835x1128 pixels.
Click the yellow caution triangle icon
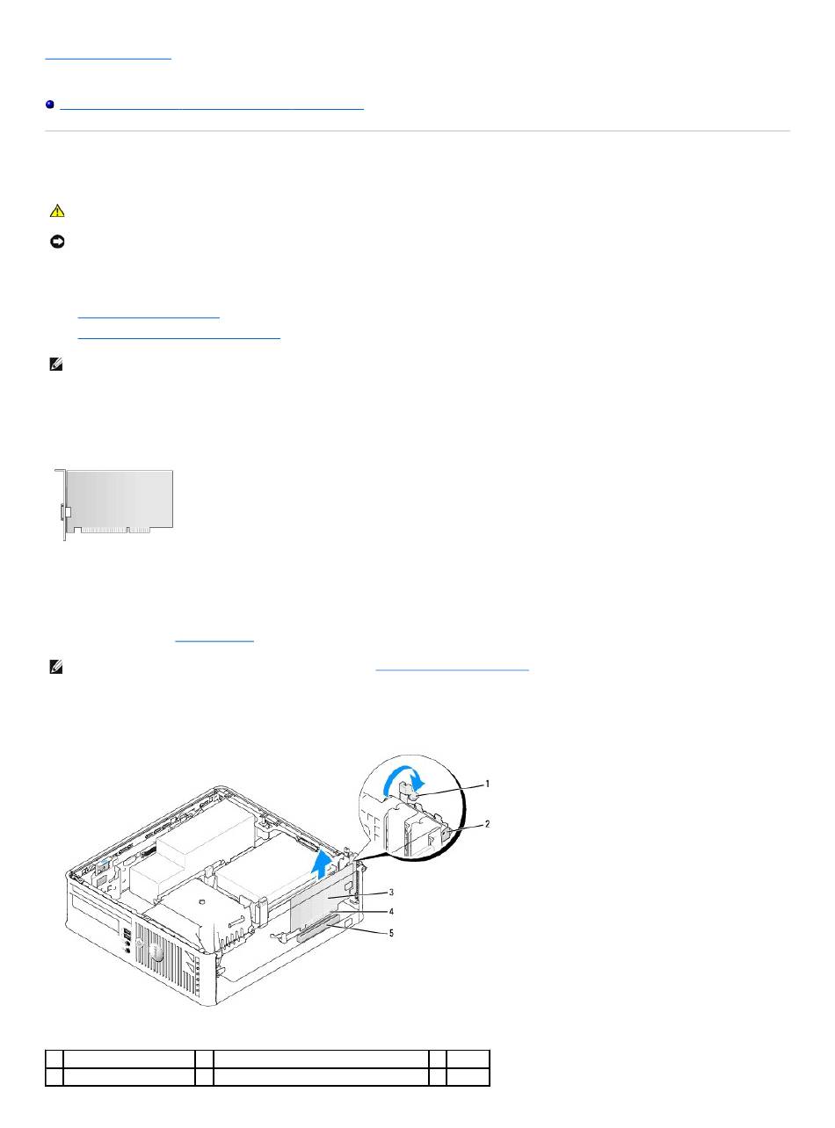57,211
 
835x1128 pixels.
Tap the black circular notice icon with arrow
57,242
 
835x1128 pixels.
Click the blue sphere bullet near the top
50,105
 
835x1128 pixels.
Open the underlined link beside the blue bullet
212,108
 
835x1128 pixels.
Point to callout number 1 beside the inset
487,784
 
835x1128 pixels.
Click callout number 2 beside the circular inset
487,824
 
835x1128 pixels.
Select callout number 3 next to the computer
391,892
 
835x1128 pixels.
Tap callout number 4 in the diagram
391,911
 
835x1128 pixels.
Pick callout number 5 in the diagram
391,933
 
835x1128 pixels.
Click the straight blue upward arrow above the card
322,864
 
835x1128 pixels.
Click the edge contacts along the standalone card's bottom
115,530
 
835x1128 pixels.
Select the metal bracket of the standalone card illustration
62,504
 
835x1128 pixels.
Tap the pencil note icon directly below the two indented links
56,364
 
